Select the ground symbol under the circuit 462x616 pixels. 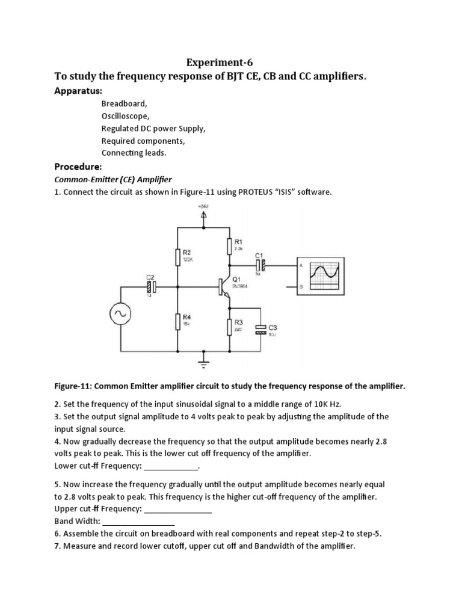203,362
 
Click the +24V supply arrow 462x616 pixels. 203,214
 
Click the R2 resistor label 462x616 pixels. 187,253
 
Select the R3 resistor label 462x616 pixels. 238,322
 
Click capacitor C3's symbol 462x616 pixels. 260,329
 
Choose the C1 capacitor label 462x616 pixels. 259,255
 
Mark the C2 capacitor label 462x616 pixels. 150,277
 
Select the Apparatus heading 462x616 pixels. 78,91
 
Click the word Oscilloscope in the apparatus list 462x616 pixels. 125,116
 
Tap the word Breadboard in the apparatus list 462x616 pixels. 124,103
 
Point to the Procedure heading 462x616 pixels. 78,166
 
